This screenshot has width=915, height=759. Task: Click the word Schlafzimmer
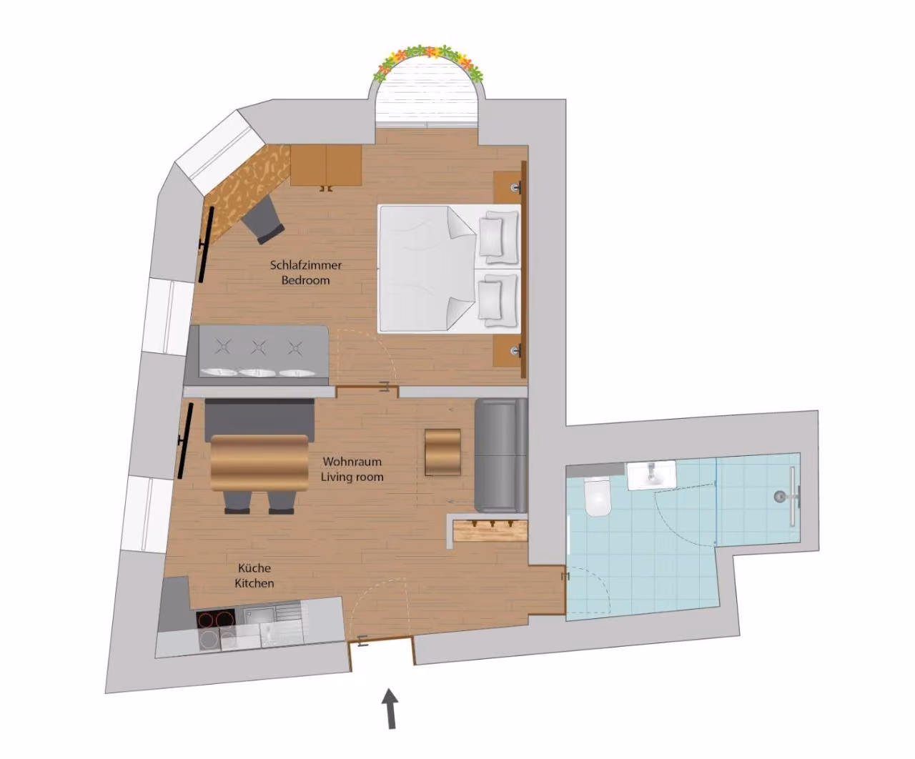[305, 265]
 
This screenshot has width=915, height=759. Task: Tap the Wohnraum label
[352, 462]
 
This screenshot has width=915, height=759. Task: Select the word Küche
[254, 568]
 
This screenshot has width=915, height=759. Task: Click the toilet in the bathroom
[597, 497]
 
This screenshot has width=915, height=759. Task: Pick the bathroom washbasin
[652, 475]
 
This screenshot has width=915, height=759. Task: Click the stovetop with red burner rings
[215, 620]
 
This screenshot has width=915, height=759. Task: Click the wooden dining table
[259, 462]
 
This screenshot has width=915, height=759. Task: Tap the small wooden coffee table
[442, 452]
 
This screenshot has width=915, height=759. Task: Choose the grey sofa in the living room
[501, 455]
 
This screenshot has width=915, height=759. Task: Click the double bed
[450, 268]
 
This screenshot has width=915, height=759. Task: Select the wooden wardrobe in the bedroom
[326, 166]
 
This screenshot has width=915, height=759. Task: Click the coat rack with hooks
[490, 530]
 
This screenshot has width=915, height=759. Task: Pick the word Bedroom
[305, 280]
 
